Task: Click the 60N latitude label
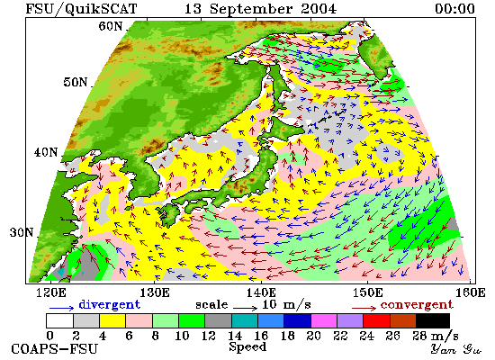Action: (x=111, y=26)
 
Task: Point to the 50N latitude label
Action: (x=76, y=82)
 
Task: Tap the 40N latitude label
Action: (x=46, y=152)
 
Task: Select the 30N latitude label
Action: (x=22, y=232)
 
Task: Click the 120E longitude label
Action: (x=51, y=292)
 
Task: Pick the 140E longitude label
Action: (x=261, y=292)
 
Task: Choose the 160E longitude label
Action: (x=471, y=292)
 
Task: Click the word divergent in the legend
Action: (x=109, y=305)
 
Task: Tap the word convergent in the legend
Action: (x=417, y=305)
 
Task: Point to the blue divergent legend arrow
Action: (x=61, y=307)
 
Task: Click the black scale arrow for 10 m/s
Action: (x=246, y=307)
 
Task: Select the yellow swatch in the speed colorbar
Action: (x=112, y=320)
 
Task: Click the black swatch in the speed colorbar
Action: (x=433, y=320)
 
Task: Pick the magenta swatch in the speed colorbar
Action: (x=324, y=320)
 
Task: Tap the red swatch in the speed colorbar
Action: (x=376, y=320)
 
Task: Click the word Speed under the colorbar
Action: (x=247, y=347)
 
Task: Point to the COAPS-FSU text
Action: (x=54, y=349)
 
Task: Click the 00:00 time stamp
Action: (x=454, y=8)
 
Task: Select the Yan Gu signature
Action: (x=456, y=349)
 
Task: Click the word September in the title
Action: (x=253, y=8)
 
